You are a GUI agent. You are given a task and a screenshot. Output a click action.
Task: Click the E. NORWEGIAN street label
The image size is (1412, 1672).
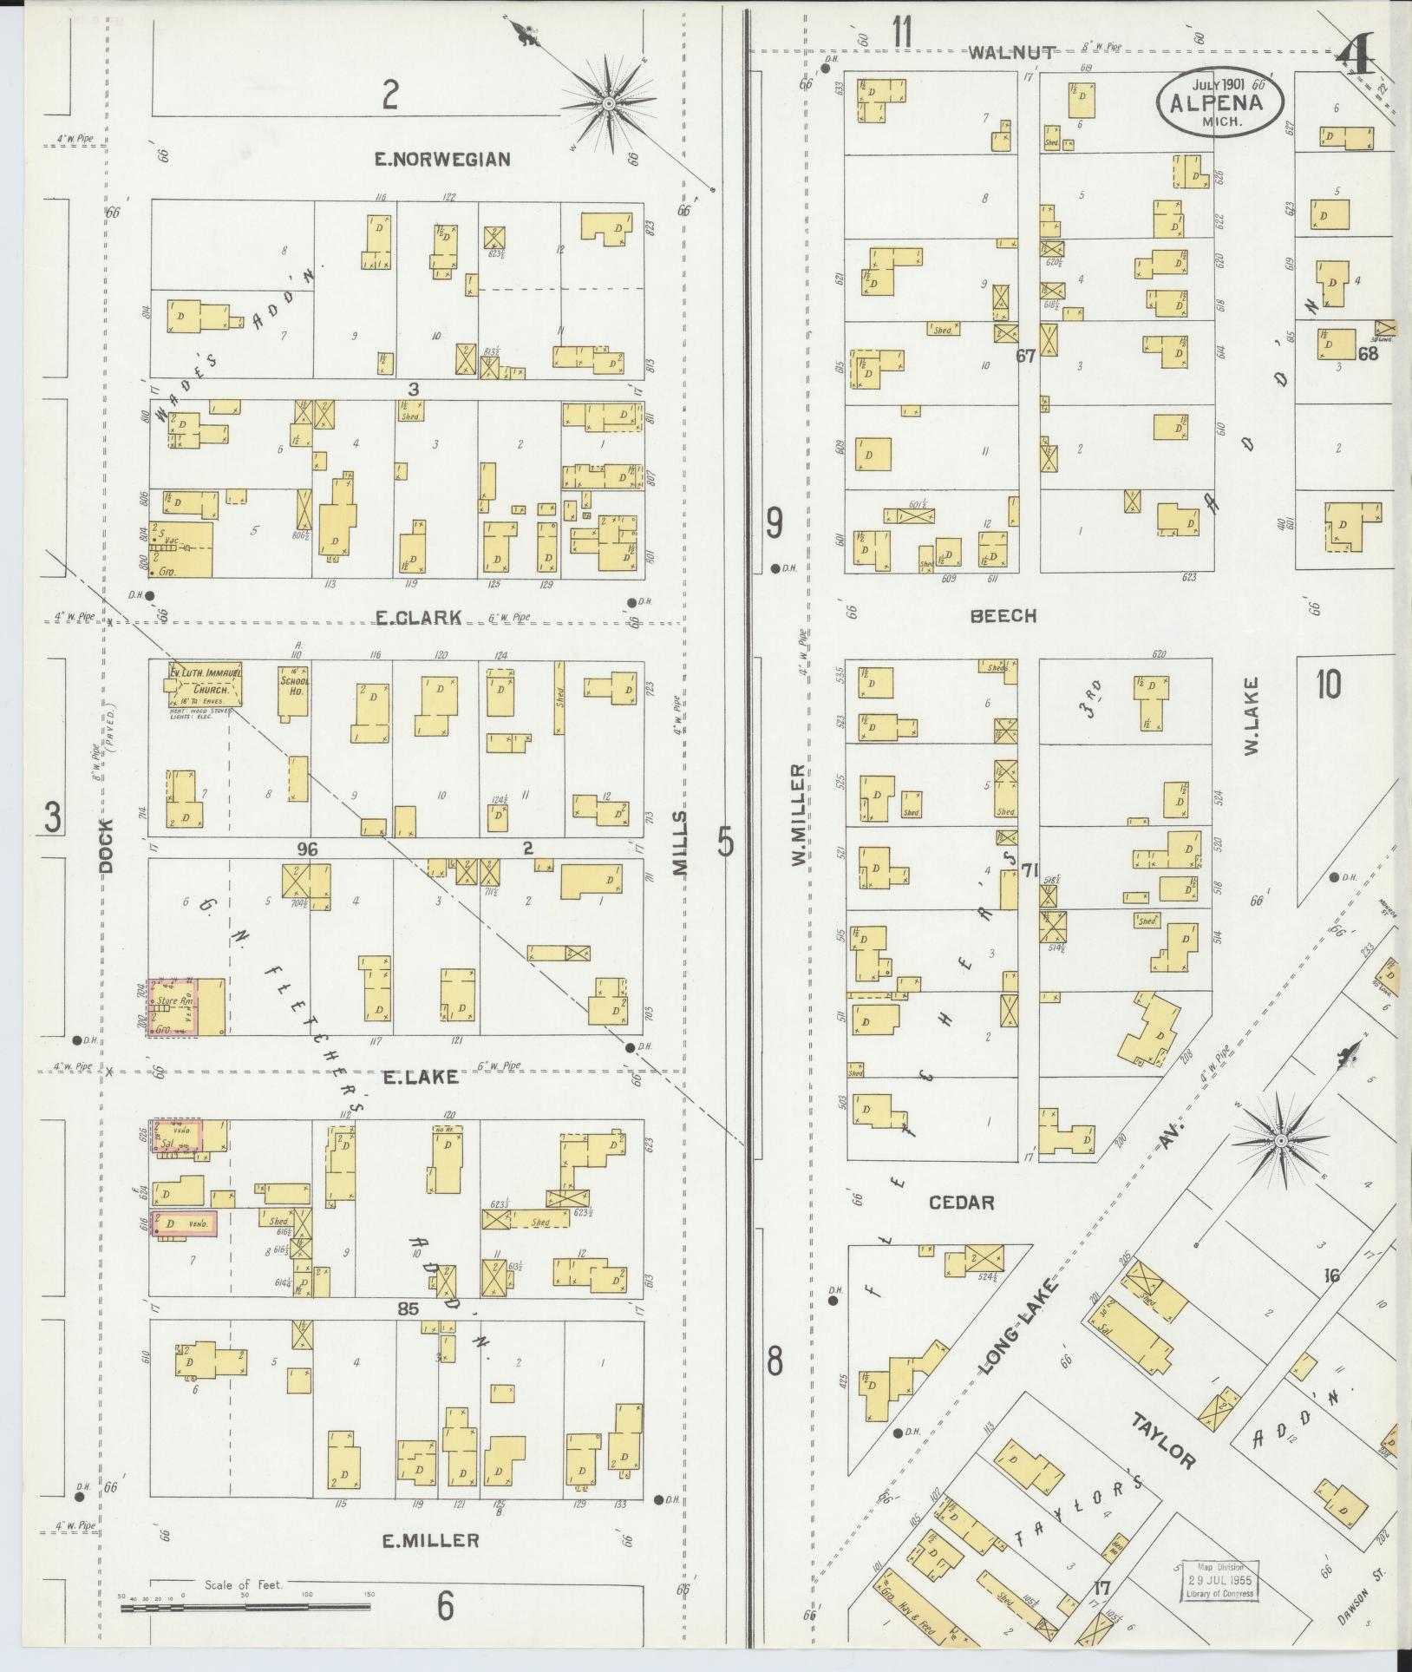[x=441, y=159]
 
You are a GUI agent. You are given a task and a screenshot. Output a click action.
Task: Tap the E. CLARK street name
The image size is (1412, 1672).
[x=418, y=617]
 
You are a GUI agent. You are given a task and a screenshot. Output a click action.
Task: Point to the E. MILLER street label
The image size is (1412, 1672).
[x=430, y=1540]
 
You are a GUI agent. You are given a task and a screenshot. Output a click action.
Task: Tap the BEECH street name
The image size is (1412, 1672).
[x=1003, y=616]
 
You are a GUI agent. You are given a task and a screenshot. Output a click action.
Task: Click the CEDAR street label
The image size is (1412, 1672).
[x=961, y=1203]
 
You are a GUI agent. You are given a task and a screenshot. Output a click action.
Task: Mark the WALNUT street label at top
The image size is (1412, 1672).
[x=1011, y=53]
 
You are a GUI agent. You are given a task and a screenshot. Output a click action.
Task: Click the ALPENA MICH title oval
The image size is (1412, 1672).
[x=1220, y=102]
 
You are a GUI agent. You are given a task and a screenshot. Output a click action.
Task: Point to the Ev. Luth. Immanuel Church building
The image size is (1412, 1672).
[x=206, y=684]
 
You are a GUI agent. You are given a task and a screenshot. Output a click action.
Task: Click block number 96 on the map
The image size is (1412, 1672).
[x=307, y=849]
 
